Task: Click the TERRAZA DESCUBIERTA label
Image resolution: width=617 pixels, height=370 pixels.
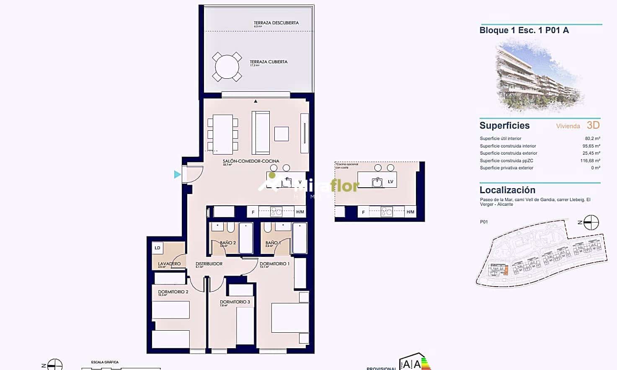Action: point(276,23)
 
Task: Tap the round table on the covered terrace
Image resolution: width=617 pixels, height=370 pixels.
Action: point(227,67)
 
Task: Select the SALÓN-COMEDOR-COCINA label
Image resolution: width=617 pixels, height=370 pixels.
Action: point(251,161)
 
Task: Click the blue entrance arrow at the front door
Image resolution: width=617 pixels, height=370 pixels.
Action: point(178,174)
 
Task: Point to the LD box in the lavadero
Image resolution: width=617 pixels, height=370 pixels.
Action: point(157,248)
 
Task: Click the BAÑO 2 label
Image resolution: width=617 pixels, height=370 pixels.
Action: point(228,243)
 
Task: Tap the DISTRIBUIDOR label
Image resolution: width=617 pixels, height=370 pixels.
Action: point(209,264)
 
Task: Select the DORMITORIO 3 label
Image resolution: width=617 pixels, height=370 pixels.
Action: point(235,302)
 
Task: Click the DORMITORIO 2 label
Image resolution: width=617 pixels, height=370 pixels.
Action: point(173,292)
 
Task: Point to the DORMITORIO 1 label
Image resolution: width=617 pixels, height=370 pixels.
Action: point(274,264)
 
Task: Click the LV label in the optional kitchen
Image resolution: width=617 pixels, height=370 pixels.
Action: point(390,182)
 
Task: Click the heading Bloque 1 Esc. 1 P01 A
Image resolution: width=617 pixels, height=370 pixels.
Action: point(524,30)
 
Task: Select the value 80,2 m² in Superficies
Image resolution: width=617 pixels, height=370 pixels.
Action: point(592,139)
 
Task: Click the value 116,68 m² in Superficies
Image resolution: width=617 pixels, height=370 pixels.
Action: point(590,161)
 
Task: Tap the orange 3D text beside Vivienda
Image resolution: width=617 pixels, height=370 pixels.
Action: point(593,125)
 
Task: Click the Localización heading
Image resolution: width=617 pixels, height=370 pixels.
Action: point(507,190)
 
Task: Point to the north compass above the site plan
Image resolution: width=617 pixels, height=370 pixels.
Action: point(591,223)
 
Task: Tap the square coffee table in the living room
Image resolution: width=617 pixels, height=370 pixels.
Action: point(281,134)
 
